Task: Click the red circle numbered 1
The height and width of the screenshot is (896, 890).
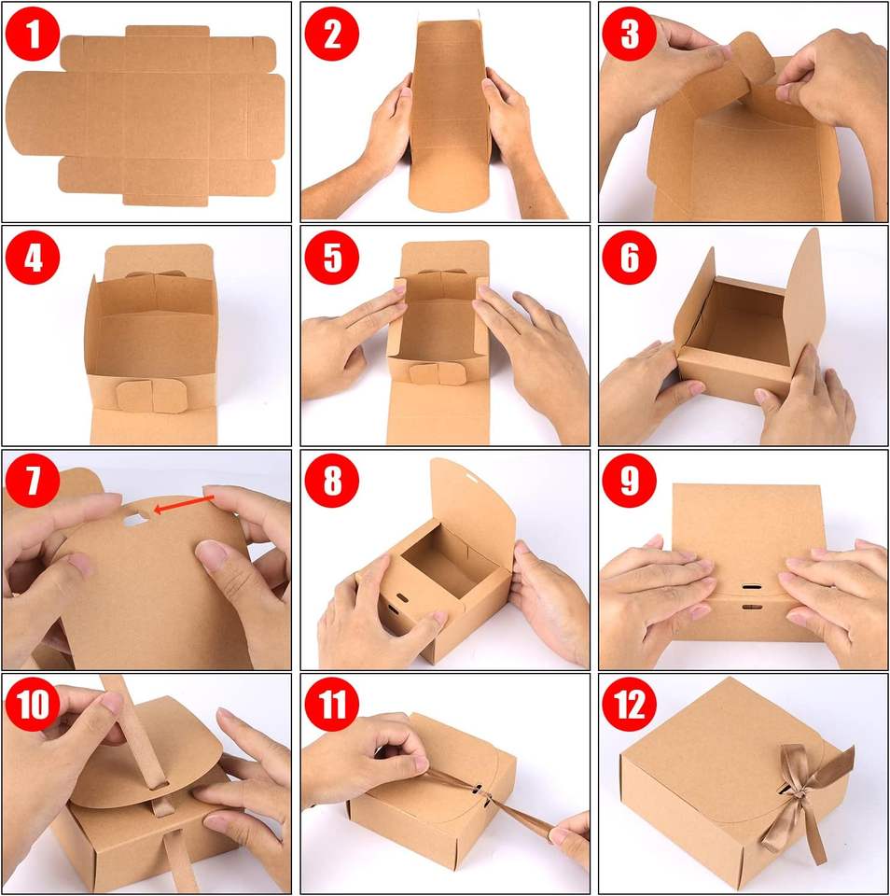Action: click(x=33, y=34)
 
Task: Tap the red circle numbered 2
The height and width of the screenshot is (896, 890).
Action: click(x=332, y=34)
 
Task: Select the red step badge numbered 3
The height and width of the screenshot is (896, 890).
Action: click(x=630, y=34)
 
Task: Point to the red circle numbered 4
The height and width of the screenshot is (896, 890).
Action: click(x=33, y=258)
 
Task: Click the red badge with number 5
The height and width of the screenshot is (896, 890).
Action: click(x=332, y=258)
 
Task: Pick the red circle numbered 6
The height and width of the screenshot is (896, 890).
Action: click(x=630, y=258)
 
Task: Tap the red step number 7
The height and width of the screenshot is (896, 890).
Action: click(x=33, y=481)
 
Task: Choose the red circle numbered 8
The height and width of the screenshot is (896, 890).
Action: click(x=332, y=481)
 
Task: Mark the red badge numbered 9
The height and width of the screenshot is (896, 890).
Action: click(x=630, y=481)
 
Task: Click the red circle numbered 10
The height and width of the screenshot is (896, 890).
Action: click(x=33, y=704)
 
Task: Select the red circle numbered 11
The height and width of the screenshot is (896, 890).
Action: click(x=332, y=704)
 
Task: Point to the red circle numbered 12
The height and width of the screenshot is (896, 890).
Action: click(x=630, y=704)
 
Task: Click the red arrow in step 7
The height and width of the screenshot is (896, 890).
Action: click(x=184, y=503)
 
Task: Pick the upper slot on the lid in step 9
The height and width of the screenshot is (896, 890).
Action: click(x=752, y=587)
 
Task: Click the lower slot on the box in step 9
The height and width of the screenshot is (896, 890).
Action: click(x=752, y=607)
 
